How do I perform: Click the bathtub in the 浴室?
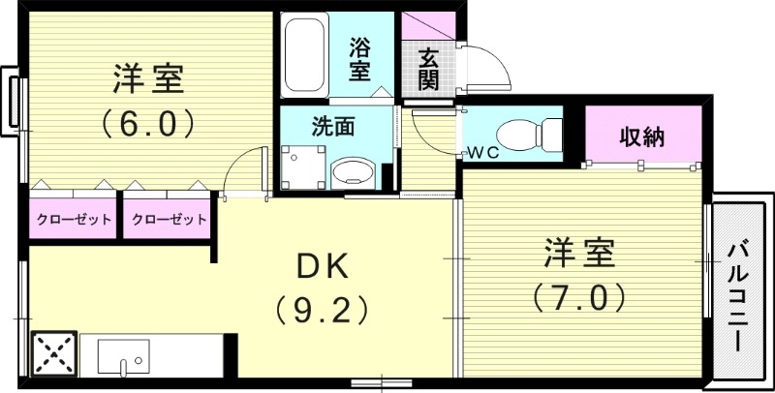click(x=308, y=55)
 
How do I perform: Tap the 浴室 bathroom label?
click(x=360, y=57)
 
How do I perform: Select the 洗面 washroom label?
click(x=331, y=126)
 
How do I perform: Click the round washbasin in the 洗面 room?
click(x=350, y=174)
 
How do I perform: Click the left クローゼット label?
click(x=74, y=219)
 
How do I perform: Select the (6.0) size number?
click(x=149, y=124)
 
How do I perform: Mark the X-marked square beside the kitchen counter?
click(x=53, y=353)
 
